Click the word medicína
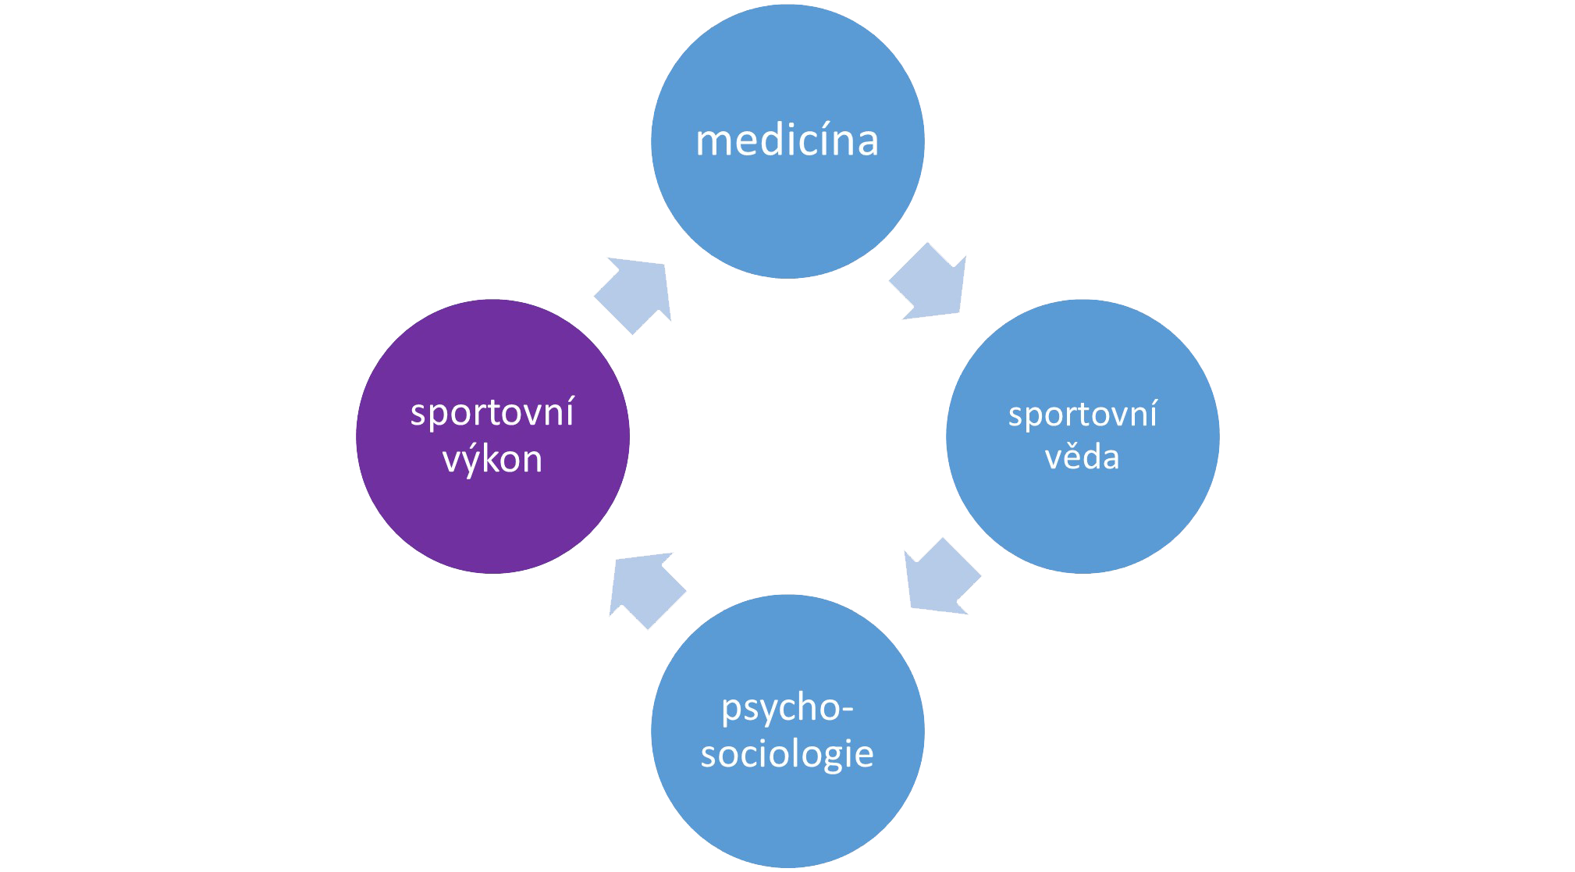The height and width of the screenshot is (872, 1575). point(787,141)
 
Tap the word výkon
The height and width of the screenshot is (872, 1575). point(492,459)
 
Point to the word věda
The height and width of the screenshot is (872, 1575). point(1082,457)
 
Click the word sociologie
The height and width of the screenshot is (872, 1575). point(787,754)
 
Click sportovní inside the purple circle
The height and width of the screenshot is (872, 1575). point(492,413)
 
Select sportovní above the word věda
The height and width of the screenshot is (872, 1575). point(1082,414)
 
